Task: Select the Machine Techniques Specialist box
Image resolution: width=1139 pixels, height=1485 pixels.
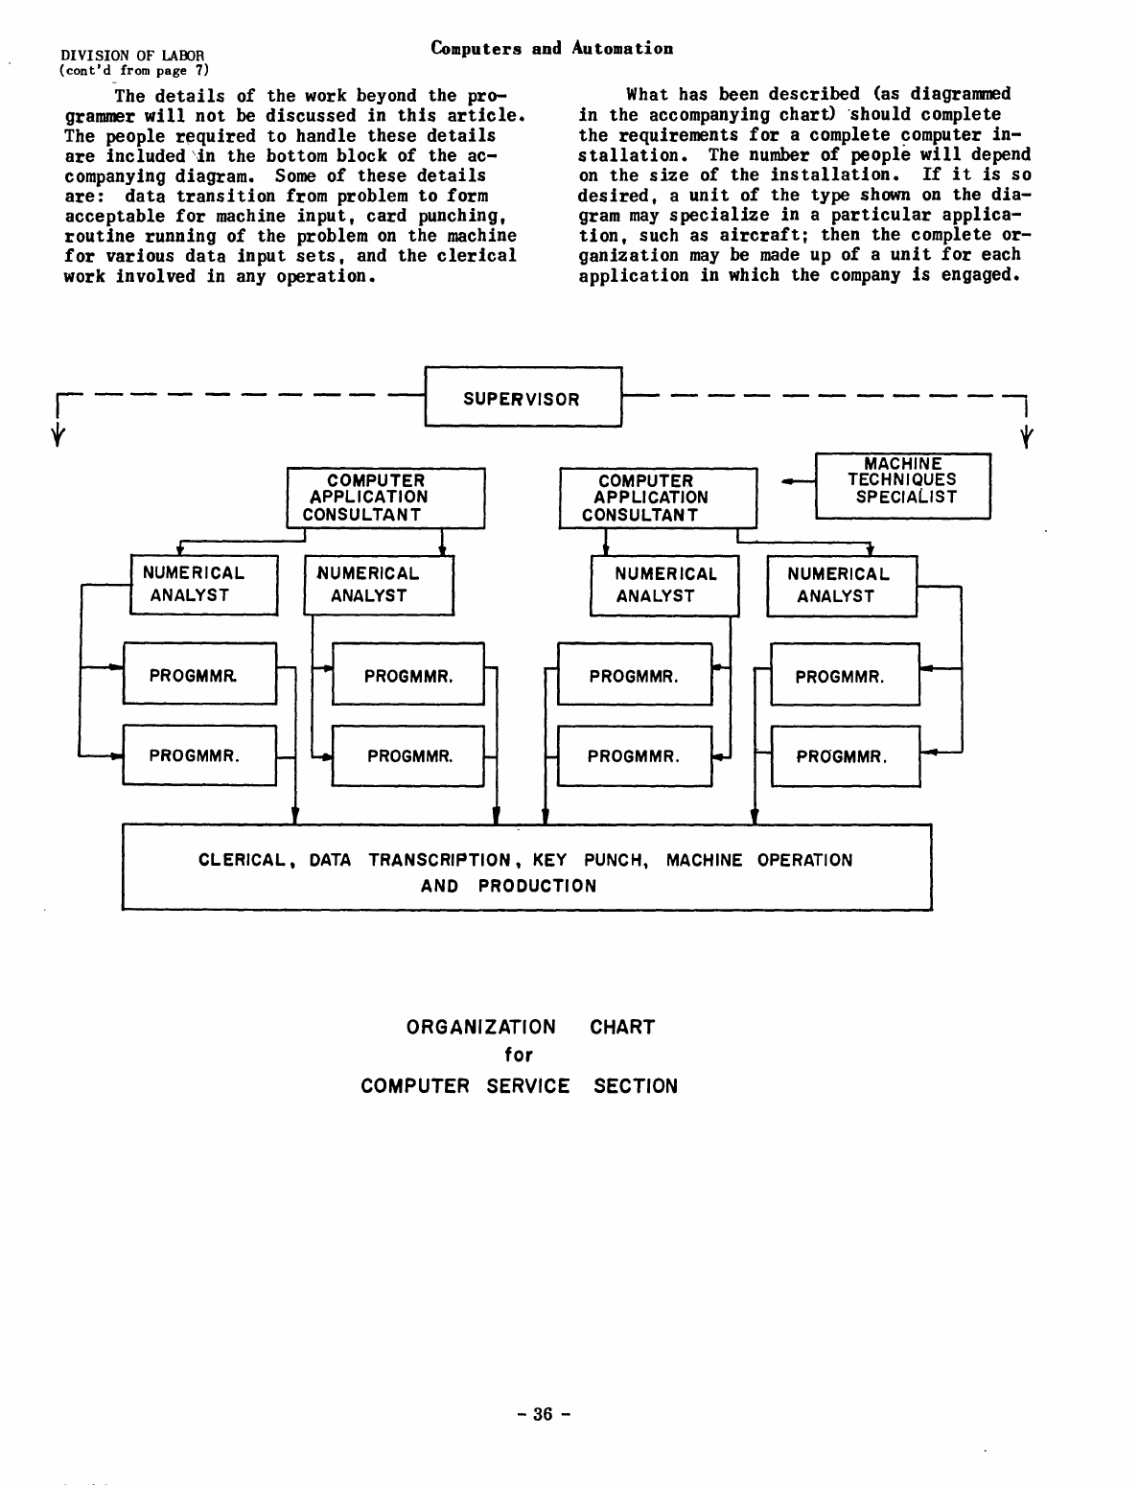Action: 902,486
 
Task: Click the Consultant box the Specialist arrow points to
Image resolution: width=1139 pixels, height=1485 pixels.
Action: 658,498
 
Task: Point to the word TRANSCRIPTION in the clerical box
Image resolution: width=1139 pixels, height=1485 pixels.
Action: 439,860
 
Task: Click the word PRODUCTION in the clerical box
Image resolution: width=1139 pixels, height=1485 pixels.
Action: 537,886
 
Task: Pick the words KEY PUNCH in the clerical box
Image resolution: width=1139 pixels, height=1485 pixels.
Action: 589,860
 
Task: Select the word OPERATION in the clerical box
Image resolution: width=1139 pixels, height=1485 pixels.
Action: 804,860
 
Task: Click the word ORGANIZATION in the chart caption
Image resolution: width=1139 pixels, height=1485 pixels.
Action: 481,1027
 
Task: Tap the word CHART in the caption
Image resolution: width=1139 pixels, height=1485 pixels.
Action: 622,1027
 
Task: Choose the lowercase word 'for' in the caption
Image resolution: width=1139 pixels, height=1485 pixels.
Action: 518,1055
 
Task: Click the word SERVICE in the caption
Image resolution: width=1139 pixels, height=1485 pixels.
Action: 527,1086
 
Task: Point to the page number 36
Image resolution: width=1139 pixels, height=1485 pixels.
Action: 544,1413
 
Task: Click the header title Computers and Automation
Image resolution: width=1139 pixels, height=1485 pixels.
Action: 552,48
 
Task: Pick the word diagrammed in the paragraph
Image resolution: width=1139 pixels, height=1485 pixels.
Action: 961,94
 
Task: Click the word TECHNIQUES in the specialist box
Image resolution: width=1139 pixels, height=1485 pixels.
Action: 902,479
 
